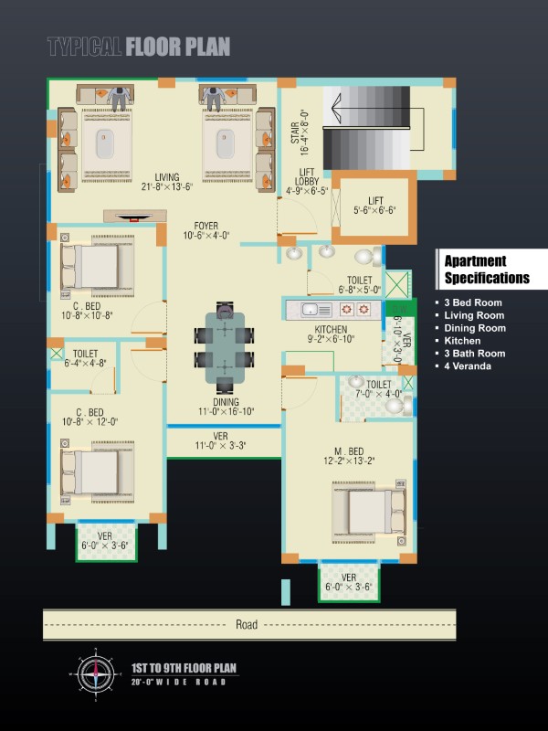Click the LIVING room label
point(167,177)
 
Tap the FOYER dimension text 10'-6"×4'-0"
point(206,236)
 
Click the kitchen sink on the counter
point(316,310)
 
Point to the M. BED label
point(349,451)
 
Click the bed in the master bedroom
point(369,512)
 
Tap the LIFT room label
point(375,201)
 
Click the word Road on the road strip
point(247,624)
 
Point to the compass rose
point(96,674)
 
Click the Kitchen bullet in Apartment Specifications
point(462,341)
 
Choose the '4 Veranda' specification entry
point(467,366)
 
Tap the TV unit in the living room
point(134,216)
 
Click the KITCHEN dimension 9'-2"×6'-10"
point(331,339)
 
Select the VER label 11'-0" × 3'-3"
point(220,440)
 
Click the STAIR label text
point(295,132)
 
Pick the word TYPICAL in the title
point(84,47)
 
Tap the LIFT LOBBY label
point(307,176)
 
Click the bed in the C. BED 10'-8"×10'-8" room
point(98,266)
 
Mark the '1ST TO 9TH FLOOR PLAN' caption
point(184,668)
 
